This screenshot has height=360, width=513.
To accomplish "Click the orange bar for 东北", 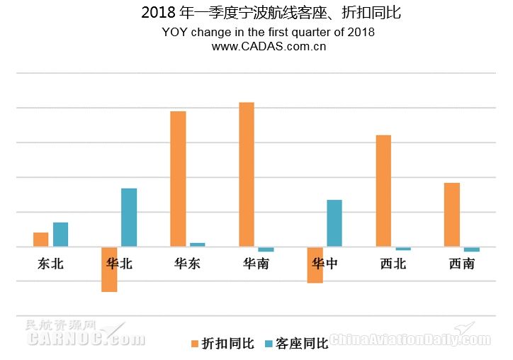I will point(41,240).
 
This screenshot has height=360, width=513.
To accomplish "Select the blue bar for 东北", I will point(61,235).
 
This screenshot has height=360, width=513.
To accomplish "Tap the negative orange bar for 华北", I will point(109,269).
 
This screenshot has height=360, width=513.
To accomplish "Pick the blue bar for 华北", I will point(129,218).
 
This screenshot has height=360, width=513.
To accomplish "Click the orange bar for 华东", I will point(178,179).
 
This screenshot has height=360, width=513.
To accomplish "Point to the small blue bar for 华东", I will point(198,244).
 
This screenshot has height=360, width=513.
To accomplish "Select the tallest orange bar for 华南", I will point(247,174).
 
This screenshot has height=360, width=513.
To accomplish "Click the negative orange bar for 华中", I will point(315,265).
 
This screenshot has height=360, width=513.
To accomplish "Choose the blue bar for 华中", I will point(334,223).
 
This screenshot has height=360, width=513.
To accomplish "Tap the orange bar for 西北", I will point(383,191).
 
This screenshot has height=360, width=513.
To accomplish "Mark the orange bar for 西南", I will point(452,215).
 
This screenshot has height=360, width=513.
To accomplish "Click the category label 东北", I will point(50,264).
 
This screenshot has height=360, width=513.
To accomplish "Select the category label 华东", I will point(187,264).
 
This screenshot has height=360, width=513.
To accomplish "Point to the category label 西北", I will point(393,264).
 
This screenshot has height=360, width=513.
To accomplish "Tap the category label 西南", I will point(462,264).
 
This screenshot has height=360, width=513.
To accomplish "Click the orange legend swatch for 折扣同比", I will point(194,344).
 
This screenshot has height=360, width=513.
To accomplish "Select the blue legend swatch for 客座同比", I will point(269,344).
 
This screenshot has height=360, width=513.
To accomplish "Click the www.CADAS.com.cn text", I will point(269,46).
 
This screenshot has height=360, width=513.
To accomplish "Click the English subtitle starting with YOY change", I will point(268,32).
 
